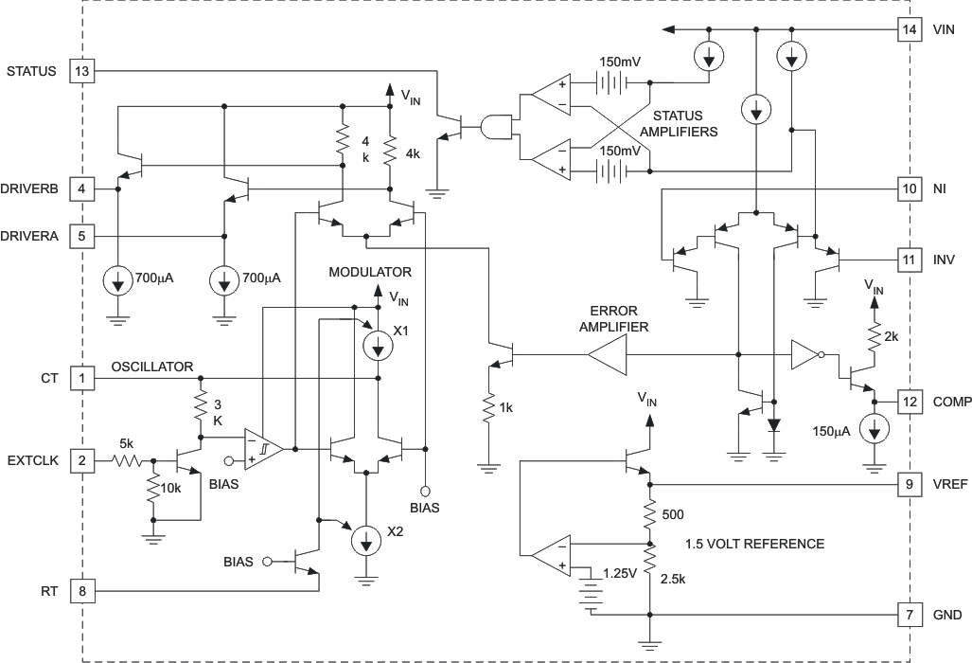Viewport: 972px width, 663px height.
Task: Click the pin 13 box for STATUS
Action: pos(82,71)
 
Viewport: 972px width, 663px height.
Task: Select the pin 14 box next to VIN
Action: pos(909,29)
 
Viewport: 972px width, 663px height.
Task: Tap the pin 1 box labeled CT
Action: pos(82,378)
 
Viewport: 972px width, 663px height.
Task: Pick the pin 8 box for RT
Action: pos(82,591)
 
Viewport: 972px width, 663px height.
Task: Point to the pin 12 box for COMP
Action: pos(909,401)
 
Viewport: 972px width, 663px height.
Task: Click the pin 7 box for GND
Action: pos(909,615)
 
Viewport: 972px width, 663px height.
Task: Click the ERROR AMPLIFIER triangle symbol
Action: pos(606,356)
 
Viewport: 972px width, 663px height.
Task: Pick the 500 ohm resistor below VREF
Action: pos(649,513)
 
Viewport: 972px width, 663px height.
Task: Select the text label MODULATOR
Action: pos(370,273)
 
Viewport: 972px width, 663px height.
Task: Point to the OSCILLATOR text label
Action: pos(152,367)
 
